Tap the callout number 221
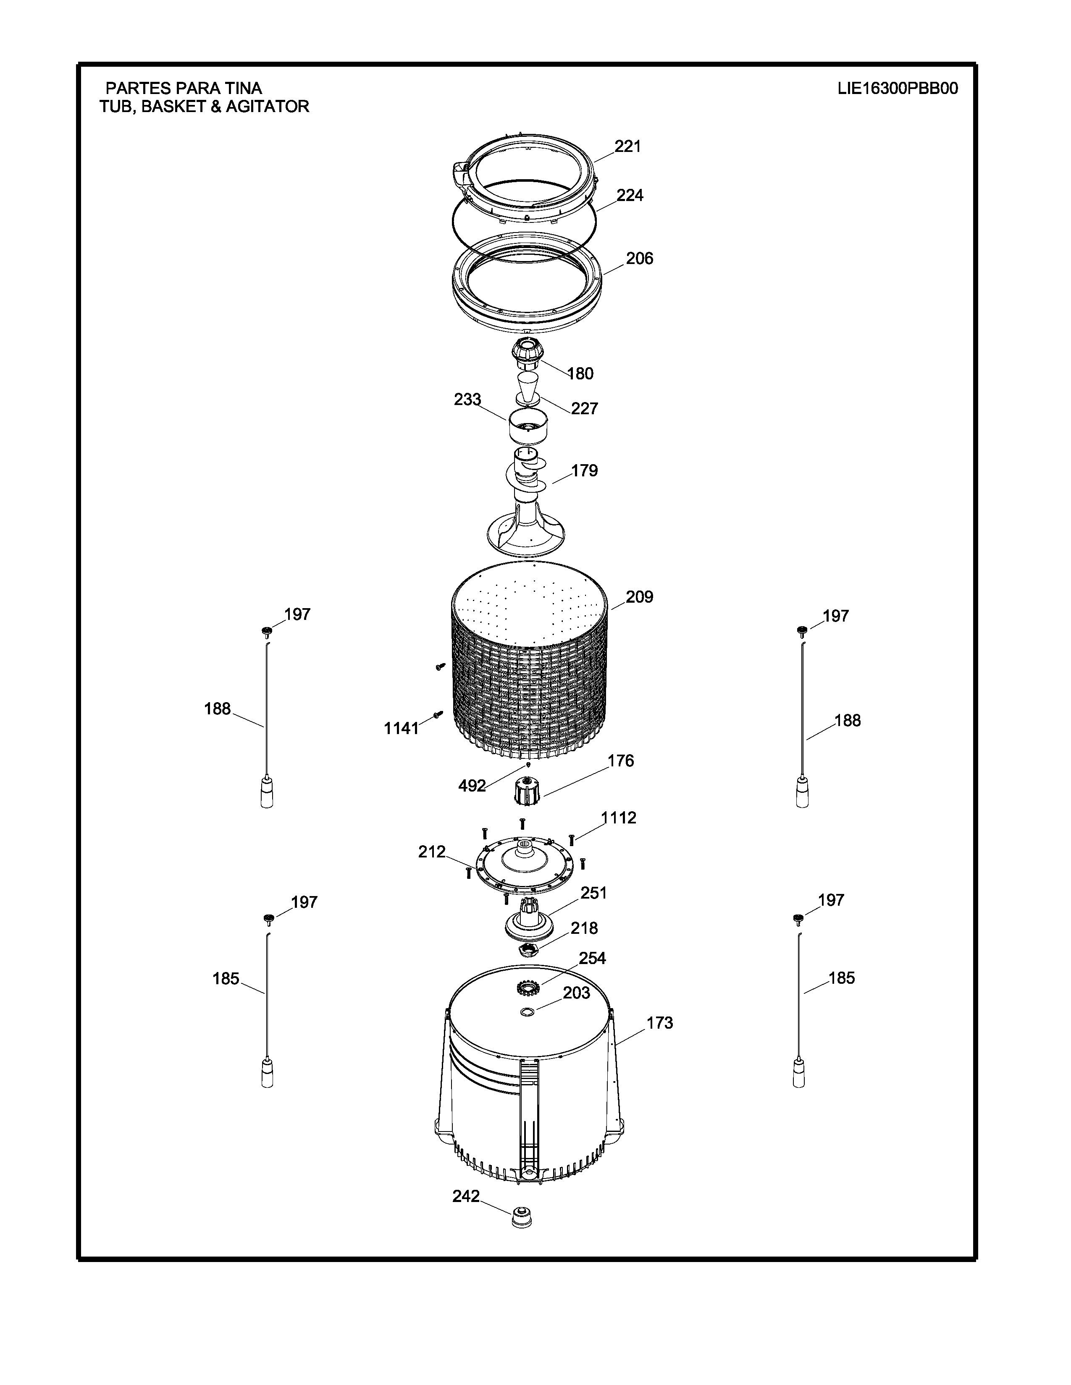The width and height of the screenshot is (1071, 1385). point(627,146)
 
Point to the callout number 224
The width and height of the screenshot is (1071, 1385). point(630,195)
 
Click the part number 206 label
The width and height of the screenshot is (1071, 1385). point(640,258)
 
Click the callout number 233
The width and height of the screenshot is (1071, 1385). point(467,400)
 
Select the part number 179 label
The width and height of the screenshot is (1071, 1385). point(584,470)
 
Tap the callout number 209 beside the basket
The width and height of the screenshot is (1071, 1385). point(640,597)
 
